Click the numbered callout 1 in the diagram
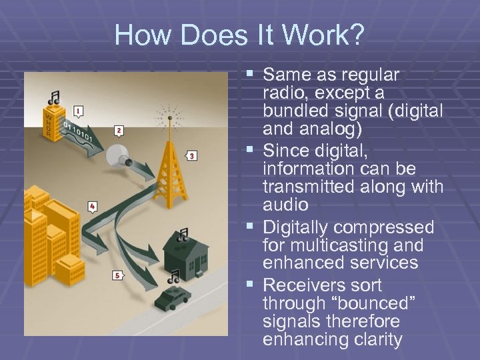click(x=79, y=111)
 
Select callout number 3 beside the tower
click(x=191, y=156)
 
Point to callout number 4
click(x=91, y=207)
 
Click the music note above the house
click(x=182, y=235)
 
